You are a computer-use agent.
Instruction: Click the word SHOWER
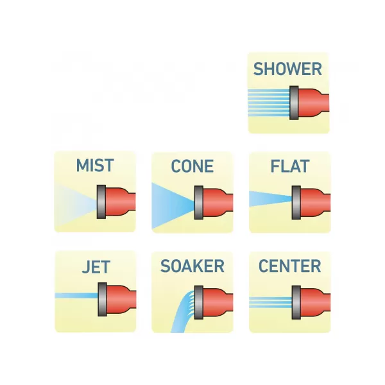[x=287, y=69]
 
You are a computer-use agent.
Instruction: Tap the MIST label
[x=94, y=166]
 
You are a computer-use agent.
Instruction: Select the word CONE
[x=192, y=166]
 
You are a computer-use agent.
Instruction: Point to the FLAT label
[x=289, y=166]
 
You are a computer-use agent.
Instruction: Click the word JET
[x=95, y=266]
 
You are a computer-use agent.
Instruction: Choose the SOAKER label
[x=192, y=266]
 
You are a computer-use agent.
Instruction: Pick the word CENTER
[x=289, y=266]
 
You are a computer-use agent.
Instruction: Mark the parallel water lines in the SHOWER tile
[x=268, y=101]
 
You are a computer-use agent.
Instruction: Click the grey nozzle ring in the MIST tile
[x=101, y=201]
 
